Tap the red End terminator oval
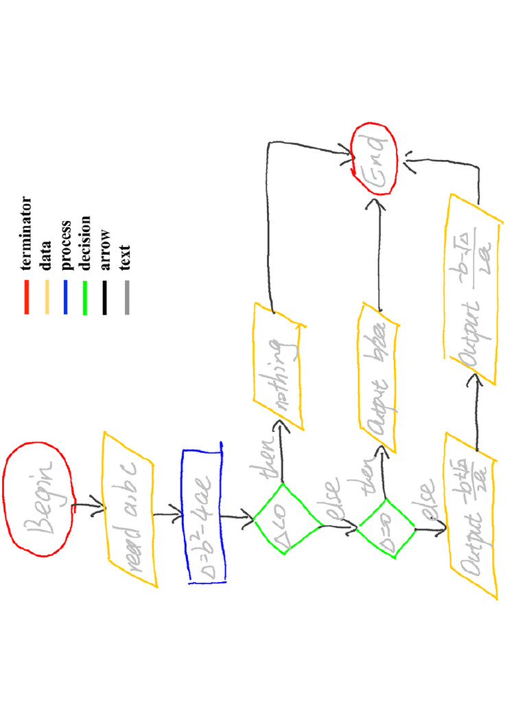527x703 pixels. pyautogui.click(x=374, y=159)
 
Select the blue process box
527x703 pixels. pyautogui.click(x=204, y=515)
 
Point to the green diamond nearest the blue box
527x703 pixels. pyautogui.click(x=288, y=519)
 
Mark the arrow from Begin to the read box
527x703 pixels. pyautogui.click(x=88, y=507)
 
